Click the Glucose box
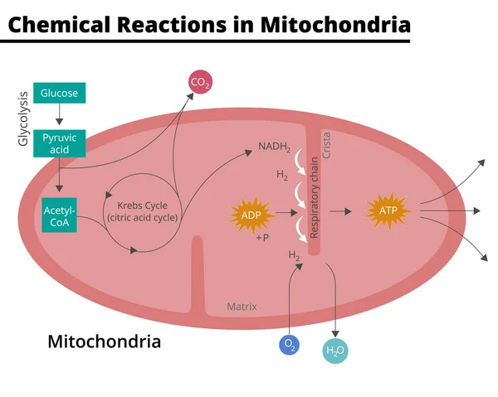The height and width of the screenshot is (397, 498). click(x=59, y=94)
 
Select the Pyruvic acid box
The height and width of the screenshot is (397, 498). click(x=60, y=143)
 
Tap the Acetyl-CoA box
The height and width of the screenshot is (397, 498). click(x=59, y=215)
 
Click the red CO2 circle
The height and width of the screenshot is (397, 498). click(x=200, y=82)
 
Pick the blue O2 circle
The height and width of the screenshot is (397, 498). click(x=289, y=344)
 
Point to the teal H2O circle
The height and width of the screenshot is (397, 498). click(x=335, y=351)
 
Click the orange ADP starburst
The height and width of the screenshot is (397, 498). click(x=251, y=215)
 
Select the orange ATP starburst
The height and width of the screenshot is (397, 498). click(x=388, y=211)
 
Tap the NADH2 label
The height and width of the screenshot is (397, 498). click(x=274, y=148)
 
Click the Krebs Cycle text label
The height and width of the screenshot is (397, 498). click(x=142, y=211)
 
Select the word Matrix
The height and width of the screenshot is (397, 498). click(x=242, y=307)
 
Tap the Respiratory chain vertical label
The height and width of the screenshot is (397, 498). click(x=315, y=199)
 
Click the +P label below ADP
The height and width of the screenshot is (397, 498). click(x=262, y=238)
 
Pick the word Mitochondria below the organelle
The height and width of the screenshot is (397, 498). click(x=104, y=341)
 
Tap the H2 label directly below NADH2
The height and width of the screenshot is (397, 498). click(x=283, y=175)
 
